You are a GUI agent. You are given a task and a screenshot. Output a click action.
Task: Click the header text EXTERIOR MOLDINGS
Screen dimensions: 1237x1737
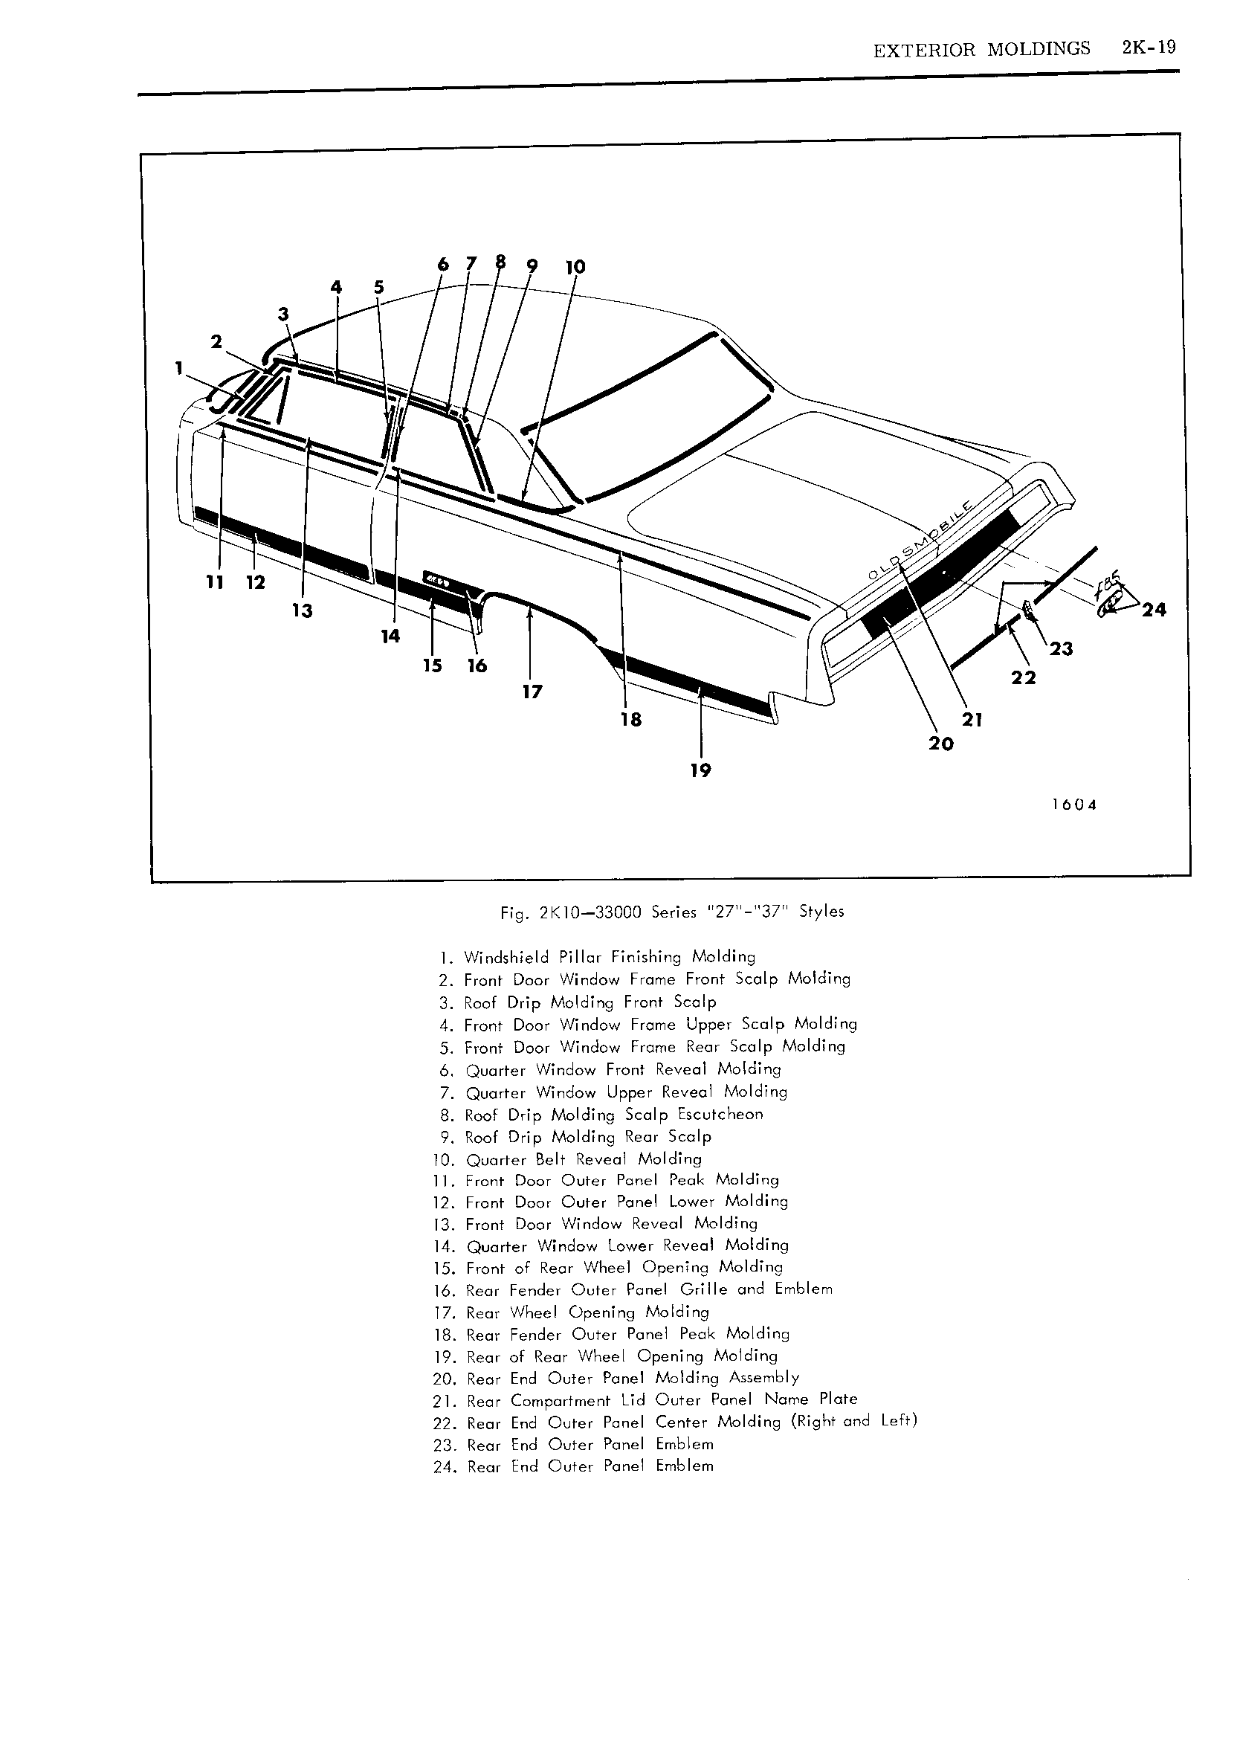(x=981, y=50)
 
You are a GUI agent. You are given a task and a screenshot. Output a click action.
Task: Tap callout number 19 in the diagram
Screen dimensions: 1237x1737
(x=700, y=770)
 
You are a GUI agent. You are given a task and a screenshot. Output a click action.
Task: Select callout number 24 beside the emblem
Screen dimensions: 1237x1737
(x=1154, y=610)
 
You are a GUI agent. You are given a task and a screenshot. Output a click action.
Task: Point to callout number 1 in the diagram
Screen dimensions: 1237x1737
(x=179, y=368)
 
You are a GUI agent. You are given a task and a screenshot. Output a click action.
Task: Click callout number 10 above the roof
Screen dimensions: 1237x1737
(x=575, y=267)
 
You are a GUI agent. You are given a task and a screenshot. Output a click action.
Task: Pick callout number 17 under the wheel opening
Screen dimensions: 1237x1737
(x=532, y=691)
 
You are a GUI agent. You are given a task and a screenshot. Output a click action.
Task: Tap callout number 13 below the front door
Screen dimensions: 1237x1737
(x=303, y=610)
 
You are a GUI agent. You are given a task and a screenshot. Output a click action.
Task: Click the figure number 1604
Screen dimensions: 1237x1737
(x=1074, y=805)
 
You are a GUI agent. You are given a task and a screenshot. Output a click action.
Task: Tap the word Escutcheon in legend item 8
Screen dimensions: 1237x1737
(x=720, y=1115)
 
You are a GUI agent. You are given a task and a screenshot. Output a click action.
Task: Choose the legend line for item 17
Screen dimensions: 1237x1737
(x=571, y=1312)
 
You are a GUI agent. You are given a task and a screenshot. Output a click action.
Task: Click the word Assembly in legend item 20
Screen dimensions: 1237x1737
(x=764, y=1377)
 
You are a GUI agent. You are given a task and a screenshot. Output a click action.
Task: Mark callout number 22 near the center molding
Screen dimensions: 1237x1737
(x=1023, y=677)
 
